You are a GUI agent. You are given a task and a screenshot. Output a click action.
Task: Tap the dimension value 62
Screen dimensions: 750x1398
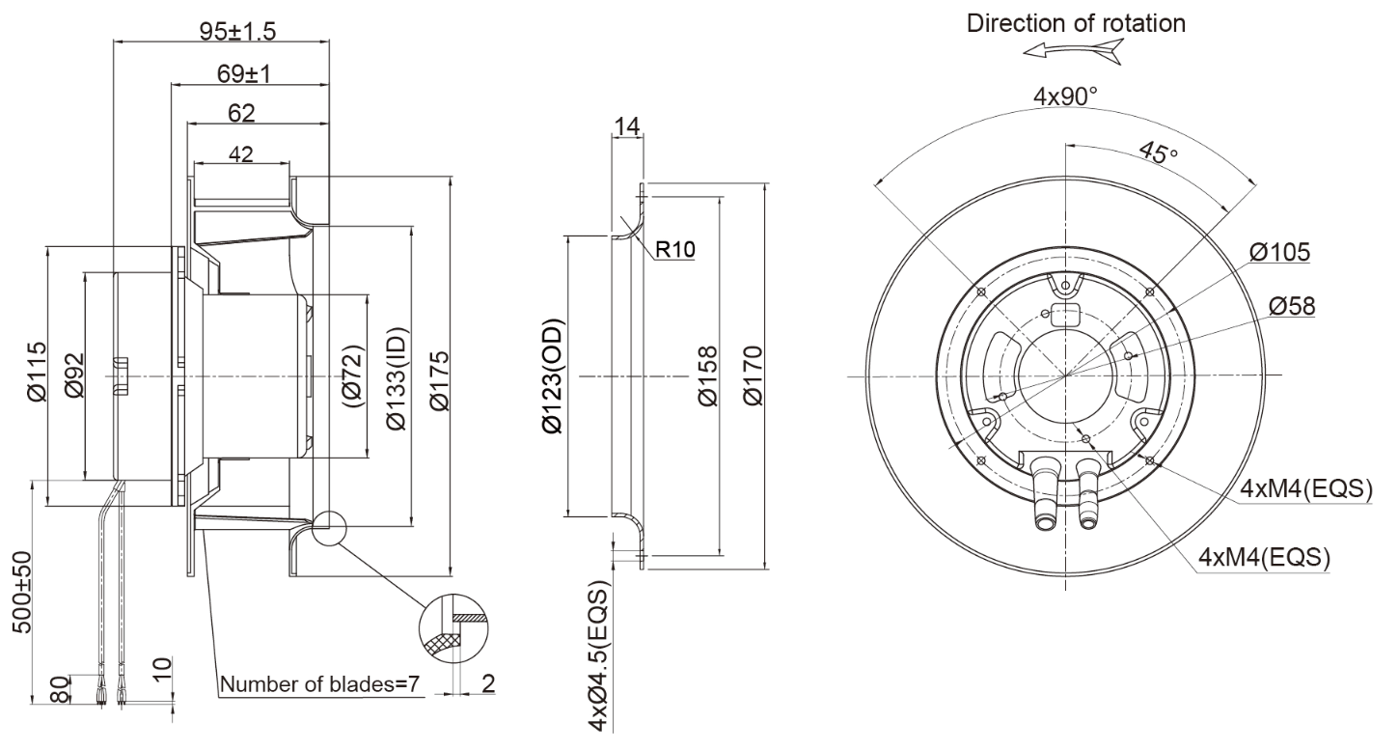[x=241, y=113]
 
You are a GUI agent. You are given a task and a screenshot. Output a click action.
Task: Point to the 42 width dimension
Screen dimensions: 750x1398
[x=241, y=154]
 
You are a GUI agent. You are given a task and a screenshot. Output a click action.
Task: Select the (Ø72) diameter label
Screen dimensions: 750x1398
[x=352, y=375]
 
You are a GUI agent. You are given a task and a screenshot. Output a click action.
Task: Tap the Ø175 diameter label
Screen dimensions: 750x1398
[x=439, y=375]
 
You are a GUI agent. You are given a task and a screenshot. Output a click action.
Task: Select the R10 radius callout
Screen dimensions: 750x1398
[x=674, y=249]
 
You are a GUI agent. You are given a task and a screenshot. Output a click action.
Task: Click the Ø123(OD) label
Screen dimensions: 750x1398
[x=554, y=375]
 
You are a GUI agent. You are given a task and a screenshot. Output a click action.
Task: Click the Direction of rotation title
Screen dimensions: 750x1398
[x=1076, y=24]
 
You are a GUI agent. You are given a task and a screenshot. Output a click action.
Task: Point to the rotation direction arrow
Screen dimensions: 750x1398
[x=1074, y=53]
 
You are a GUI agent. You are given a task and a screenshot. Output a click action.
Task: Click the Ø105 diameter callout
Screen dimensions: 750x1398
[x=1279, y=253]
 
